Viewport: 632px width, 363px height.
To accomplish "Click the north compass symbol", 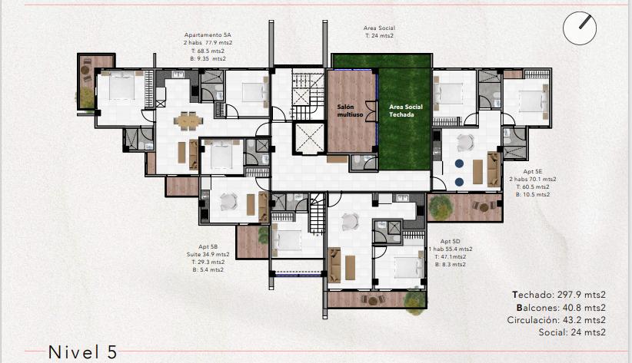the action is coord(579,28).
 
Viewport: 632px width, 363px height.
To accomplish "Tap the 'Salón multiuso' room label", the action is coord(350,111).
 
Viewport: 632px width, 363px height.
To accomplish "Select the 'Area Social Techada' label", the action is coord(405,111).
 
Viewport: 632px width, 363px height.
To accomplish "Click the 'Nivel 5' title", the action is coord(82,352).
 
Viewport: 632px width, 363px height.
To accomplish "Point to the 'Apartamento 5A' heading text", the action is coord(208,35).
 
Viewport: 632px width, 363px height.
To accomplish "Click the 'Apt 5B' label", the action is coord(208,246).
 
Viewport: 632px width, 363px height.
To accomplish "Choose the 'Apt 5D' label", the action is coord(451,242).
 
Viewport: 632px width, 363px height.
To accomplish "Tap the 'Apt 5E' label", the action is coord(533,171).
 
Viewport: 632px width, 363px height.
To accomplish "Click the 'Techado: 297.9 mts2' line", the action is coord(559,295).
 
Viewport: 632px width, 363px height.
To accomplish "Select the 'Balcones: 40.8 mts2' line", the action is coord(561,308).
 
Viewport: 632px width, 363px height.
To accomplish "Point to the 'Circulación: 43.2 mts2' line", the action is coord(556,320).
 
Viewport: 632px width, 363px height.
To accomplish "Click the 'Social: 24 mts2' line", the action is coord(572,332).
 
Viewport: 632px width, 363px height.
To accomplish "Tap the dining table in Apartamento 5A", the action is coord(188,120).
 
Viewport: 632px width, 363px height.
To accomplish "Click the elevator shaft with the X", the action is coord(309,138).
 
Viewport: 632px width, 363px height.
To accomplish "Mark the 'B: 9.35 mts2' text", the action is coord(208,59).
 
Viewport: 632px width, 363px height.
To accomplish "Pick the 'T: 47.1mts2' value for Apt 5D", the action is coord(451,257).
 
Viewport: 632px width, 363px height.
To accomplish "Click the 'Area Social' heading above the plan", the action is coord(379,28).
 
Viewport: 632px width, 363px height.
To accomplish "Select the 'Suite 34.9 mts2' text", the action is coord(208,254).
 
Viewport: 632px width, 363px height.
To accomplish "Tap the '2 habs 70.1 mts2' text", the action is coord(533,179).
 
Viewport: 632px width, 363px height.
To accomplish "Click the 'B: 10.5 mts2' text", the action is coord(533,194).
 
